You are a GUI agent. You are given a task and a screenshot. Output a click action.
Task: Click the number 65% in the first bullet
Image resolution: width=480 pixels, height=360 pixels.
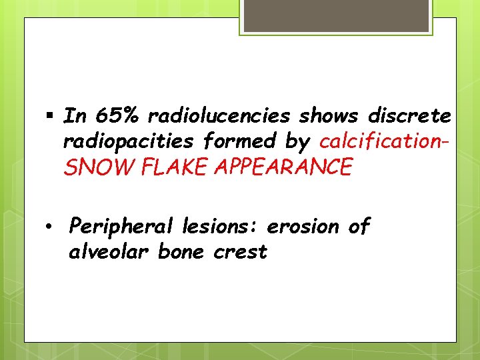pos(118,116)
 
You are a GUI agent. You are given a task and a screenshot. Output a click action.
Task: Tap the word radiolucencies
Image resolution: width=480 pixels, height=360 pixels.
pos(219,116)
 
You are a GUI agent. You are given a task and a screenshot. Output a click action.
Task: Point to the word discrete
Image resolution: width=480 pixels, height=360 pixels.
pos(409,116)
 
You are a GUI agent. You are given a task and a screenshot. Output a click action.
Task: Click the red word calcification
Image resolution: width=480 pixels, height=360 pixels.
pos(379,141)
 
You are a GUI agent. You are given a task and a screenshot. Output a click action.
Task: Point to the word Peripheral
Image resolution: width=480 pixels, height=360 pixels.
pos(123,227)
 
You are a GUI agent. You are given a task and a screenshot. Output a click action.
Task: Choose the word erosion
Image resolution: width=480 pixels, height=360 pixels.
pos(303,227)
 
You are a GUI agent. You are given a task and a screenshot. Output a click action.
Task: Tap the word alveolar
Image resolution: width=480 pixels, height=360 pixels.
pos(110,252)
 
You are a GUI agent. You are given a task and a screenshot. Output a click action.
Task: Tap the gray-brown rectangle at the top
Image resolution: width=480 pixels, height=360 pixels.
pos(335,15)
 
